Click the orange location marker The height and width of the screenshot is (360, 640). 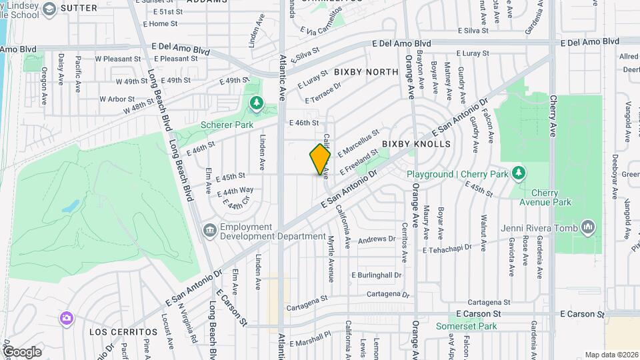click(x=320, y=159)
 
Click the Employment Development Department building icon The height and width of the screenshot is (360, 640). click(x=209, y=231)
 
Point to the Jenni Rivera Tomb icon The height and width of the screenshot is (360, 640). click(x=587, y=228)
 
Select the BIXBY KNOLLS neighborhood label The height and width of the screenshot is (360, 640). click(x=416, y=144)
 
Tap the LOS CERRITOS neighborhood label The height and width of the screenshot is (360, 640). click(x=123, y=331)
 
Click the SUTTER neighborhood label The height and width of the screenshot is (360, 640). click(x=79, y=8)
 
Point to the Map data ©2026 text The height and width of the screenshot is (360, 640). click(x=611, y=355)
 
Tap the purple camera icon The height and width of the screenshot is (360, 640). click(x=65, y=317)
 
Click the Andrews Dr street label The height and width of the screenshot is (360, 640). click(x=377, y=239)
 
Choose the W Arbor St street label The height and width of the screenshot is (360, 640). click(x=117, y=99)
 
